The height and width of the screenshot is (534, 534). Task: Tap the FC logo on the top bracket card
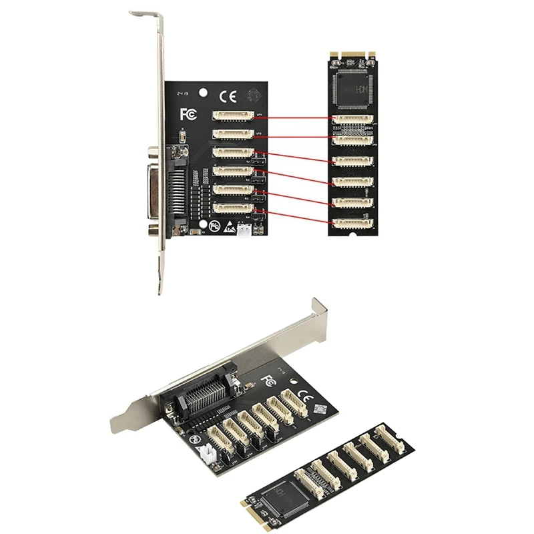pos(189,114)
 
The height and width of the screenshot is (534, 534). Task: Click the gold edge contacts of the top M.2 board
pos(353,52)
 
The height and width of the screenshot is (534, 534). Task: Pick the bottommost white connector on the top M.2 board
pos(353,223)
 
